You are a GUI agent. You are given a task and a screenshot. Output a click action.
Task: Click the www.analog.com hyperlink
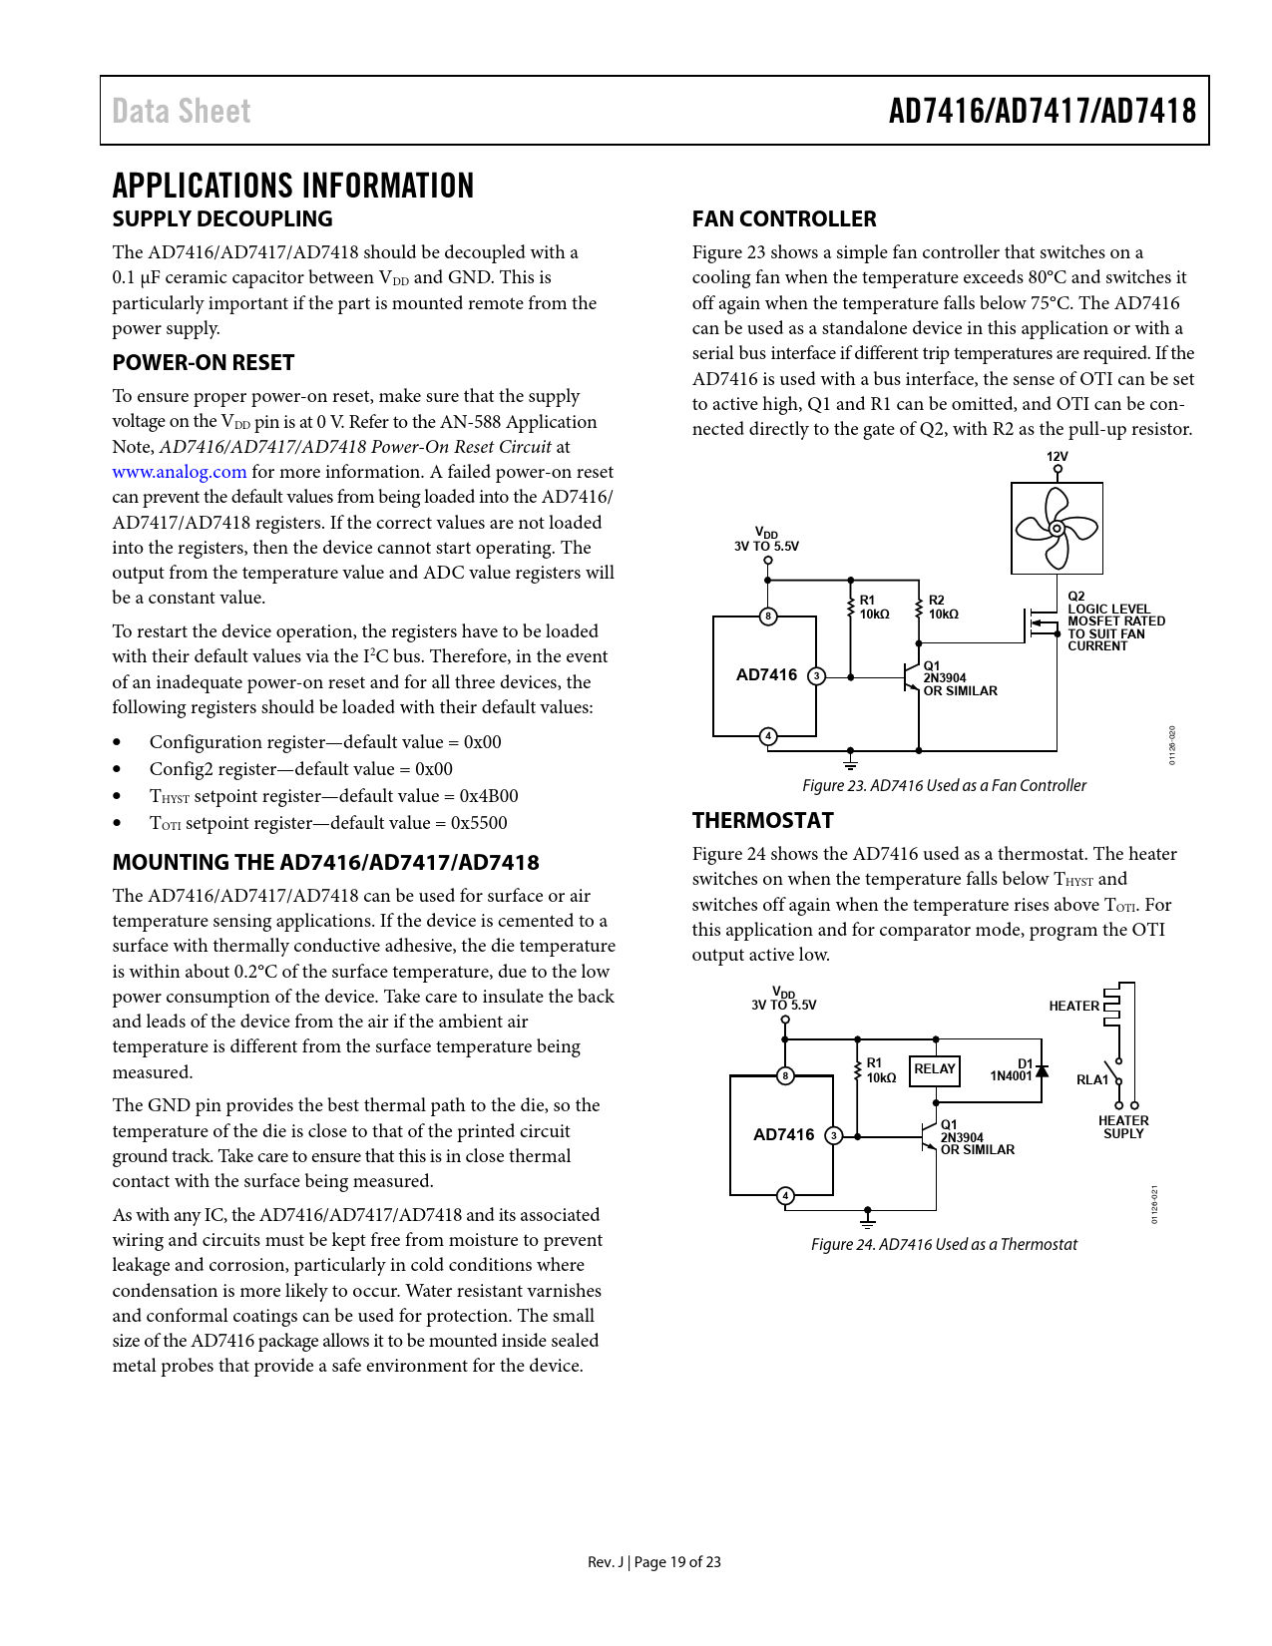[x=179, y=472]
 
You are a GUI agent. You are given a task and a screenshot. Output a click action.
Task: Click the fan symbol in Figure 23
[x=1057, y=529]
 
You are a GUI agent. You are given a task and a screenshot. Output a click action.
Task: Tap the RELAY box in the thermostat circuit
[x=935, y=1069]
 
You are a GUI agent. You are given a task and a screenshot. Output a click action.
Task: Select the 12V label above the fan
[x=1057, y=456]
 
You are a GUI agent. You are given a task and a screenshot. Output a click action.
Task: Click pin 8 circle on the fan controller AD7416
[x=767, y=617]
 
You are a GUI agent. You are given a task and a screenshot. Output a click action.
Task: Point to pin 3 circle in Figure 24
[x=834, y=1135]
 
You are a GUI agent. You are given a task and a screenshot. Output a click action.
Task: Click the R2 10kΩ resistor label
[x=943, y=608]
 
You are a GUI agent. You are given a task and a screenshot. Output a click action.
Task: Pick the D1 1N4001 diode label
[x=1012, y=1069]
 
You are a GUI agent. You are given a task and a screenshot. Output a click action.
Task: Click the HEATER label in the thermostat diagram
[x=1073, y=1006]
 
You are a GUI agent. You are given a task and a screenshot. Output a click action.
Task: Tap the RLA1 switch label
[x=1091, y=1079]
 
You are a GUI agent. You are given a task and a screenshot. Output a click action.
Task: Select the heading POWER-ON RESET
[x=204, y=362]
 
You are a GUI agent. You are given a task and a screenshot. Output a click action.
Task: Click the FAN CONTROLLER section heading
[x=784, y=218]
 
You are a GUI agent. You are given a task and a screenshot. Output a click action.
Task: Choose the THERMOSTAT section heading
[x=762, y=820]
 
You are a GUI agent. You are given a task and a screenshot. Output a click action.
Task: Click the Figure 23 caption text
[x=944, y=785]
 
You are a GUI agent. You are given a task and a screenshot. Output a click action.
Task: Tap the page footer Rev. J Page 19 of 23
[x=653, y=1561]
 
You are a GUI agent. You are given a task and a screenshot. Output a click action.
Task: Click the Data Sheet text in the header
[x=182, y=111]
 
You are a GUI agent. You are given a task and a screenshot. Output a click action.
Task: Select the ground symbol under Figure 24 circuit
[x=868, y=1218]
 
